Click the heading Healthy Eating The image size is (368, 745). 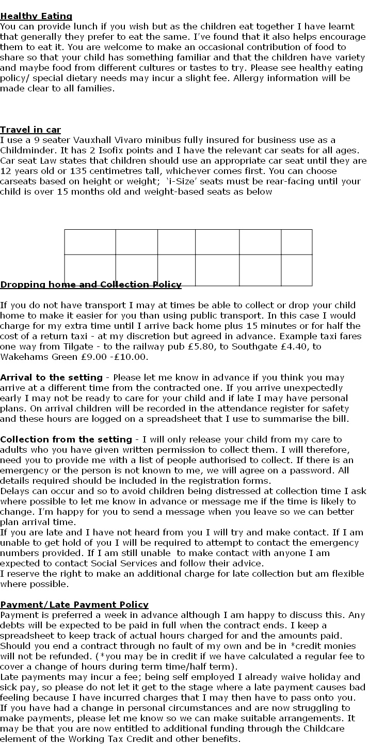point(36,17)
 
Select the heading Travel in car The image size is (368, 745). point(30,130)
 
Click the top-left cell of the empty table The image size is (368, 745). point(90,242)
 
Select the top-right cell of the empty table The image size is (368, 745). point(296,242)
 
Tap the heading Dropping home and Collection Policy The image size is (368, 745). point(91,284)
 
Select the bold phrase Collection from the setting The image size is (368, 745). point(66,439)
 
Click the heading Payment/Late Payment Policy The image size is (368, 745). point(74,605)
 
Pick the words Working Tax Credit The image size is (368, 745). point(118,739)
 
